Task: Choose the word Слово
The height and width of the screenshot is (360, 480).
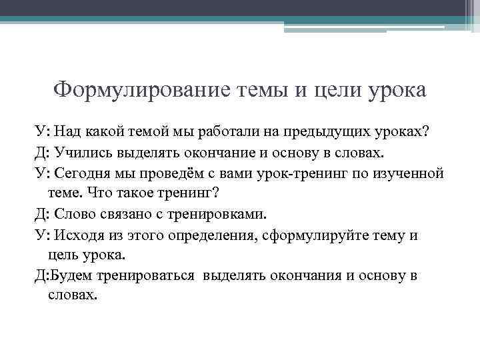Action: tap(79, 214)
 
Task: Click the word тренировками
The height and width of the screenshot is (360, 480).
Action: tap(216, 214)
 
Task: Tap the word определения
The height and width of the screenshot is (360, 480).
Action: tap(214, 235)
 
